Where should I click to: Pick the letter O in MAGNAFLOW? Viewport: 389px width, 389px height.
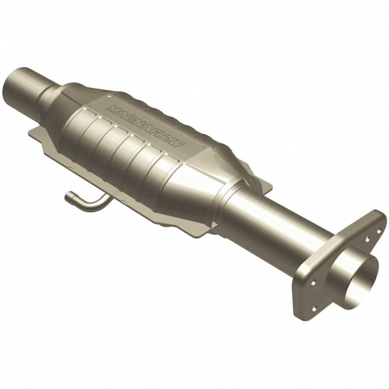(171, 140)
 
